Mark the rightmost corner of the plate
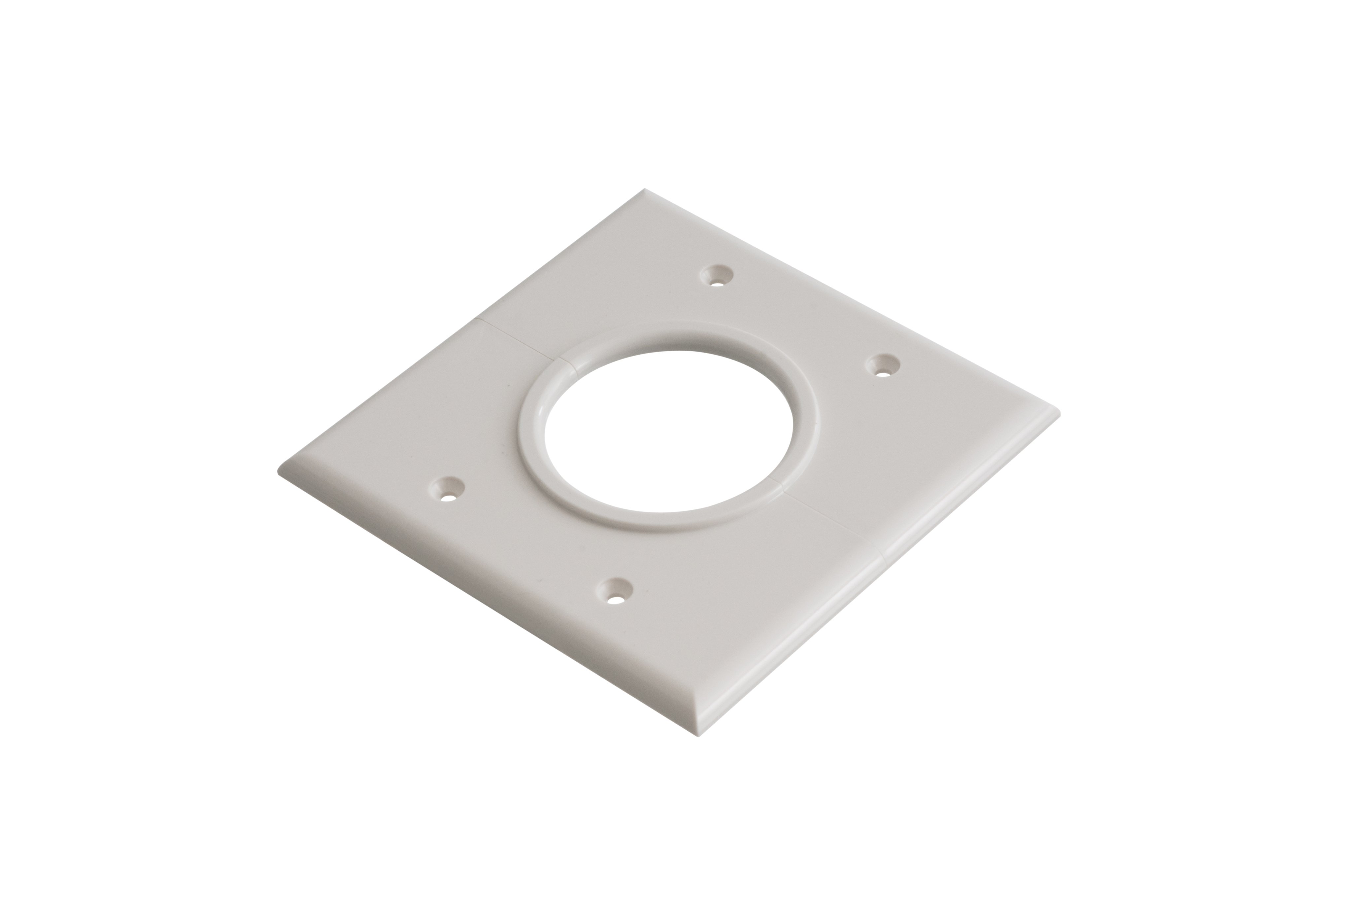click(1059, 413)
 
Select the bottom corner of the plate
click(699, 735)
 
